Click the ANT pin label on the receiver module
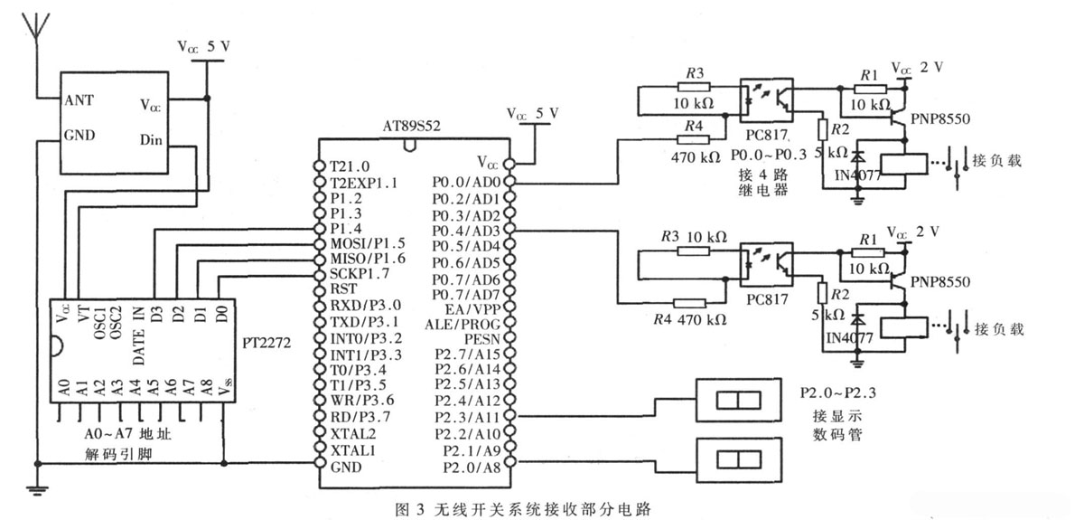point(79,99)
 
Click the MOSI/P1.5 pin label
point(366,244)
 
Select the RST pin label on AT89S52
point(342,290)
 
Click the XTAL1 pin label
point(351,449)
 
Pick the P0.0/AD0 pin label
point(466,182)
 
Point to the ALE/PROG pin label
point(462,323)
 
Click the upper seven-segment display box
point(733,400)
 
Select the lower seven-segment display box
point(733,459)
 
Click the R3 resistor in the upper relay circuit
point(694,87)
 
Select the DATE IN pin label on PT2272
point(139,335)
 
